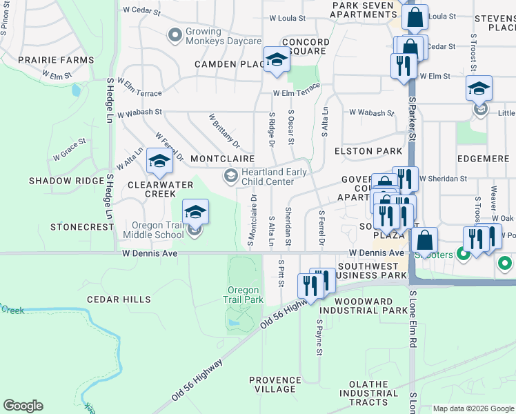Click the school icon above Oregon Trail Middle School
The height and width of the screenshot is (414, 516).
195,212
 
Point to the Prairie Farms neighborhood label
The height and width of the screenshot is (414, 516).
56,60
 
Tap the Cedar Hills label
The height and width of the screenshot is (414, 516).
119,299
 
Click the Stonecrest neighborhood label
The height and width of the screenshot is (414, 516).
82,226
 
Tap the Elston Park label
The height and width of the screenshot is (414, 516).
368,151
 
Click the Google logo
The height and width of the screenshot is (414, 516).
23,406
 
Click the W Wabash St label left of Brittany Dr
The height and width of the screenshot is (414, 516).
139,112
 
